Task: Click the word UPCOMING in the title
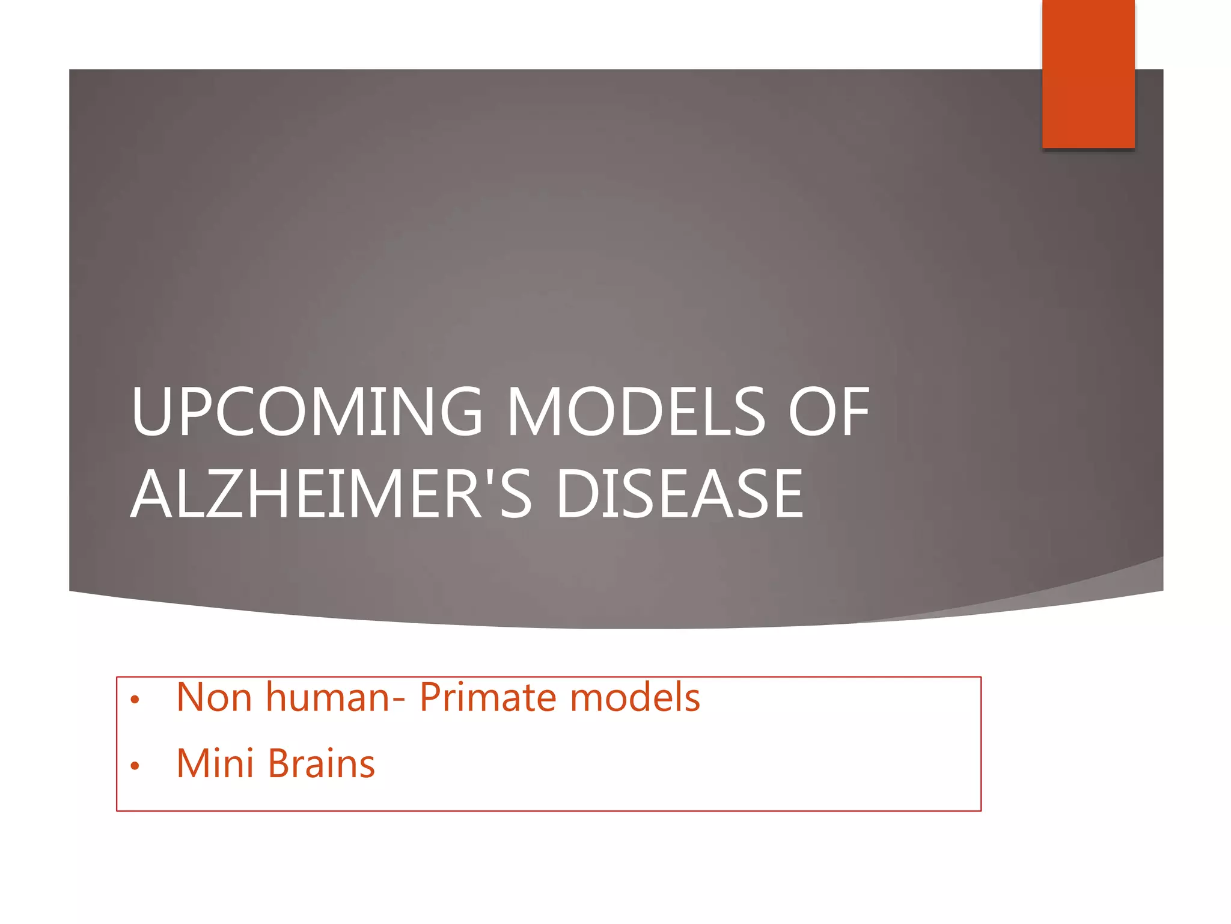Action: [x=307, y=412]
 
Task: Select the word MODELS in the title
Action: [x=637, y=412]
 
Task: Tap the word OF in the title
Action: [x=829, y=412]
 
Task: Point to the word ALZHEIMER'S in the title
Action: [x=331, y=494]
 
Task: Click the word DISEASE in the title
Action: [x=680, y=494]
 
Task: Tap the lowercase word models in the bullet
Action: [x=635, y=698]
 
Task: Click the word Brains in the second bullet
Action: [x=322, y=764]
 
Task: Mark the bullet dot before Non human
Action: [x=135, y=700]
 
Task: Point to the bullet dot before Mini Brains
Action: [x=135, y=766]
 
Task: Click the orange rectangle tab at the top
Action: [x=1088, y=73]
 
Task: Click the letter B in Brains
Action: [x=281, y=764]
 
